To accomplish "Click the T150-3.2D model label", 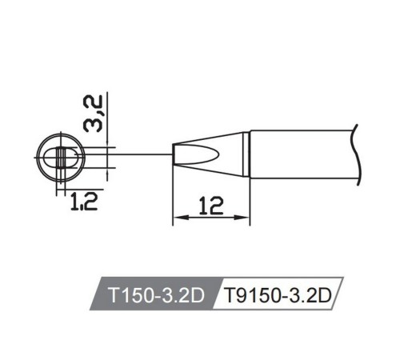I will pyautogui.click(x=152, y=295).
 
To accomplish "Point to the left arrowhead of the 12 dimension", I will pyautogui.click(x=178, y=217).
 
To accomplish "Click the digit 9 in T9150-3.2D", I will pyautogui.click(x=240, y=295).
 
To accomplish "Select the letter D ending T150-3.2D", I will pyautogui.click(x=199, y=295).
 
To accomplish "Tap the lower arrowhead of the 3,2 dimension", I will pyautogui.click(x=106, y=170).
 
